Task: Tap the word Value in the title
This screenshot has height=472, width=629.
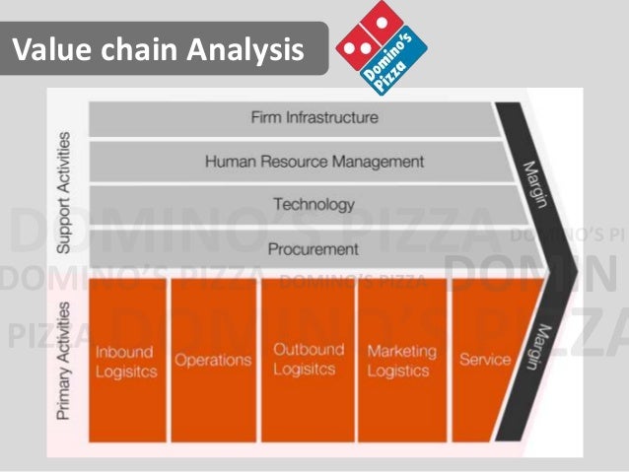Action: (51, 47)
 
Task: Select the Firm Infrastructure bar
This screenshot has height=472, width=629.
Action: (295, 118)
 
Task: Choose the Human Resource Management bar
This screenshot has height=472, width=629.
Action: (296, 162)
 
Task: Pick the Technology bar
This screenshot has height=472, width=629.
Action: (296, 205)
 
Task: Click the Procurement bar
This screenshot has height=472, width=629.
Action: (296, 249)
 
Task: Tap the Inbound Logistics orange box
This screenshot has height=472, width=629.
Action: (127, 360)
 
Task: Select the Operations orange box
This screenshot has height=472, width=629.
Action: (214, 360)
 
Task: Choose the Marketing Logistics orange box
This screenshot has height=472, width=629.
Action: (398, 360)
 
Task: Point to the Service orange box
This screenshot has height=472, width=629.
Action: (484, 360)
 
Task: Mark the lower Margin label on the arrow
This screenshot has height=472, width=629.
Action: (532, 346)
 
